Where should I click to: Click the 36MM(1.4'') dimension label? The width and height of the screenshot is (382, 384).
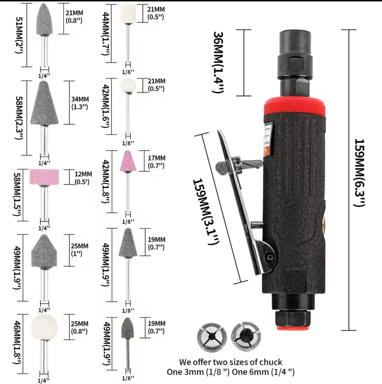pyautogui.click(x=218, y=62)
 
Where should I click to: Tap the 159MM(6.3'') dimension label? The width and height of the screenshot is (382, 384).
pyautogui.click(x=360, y=173)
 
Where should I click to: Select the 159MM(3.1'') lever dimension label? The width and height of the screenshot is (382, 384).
pyautogui.click(x=205, y=211)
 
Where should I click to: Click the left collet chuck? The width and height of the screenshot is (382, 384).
pyautogui.click(x=212, y=337)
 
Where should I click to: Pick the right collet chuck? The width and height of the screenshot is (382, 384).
pyautogui.click(x=246, y=336)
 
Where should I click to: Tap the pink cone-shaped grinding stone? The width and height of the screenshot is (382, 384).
pyautogui.click(x=128, y=161)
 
